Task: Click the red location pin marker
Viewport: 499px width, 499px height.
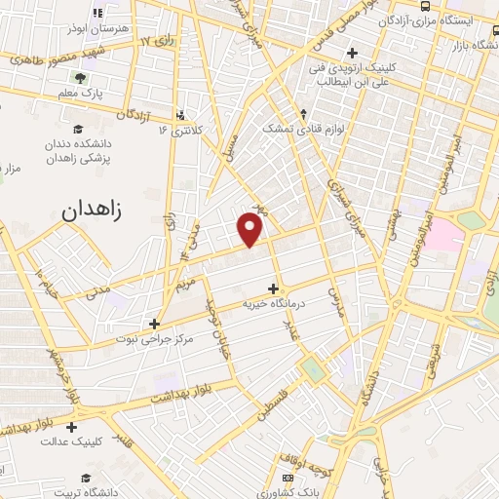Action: (250, 230)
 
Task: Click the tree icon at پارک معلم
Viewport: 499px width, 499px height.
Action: (79, 78)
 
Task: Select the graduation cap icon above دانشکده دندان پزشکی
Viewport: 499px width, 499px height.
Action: (78, 129)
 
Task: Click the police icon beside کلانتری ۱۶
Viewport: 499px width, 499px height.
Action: (181, 114)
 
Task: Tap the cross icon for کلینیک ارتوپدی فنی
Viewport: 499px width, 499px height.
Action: (353, 53)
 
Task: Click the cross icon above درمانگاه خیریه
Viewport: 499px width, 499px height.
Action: (273, 288)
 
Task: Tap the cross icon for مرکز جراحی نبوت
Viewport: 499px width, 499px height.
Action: (154, 324)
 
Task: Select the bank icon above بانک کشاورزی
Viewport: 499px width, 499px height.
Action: (287, 478)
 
